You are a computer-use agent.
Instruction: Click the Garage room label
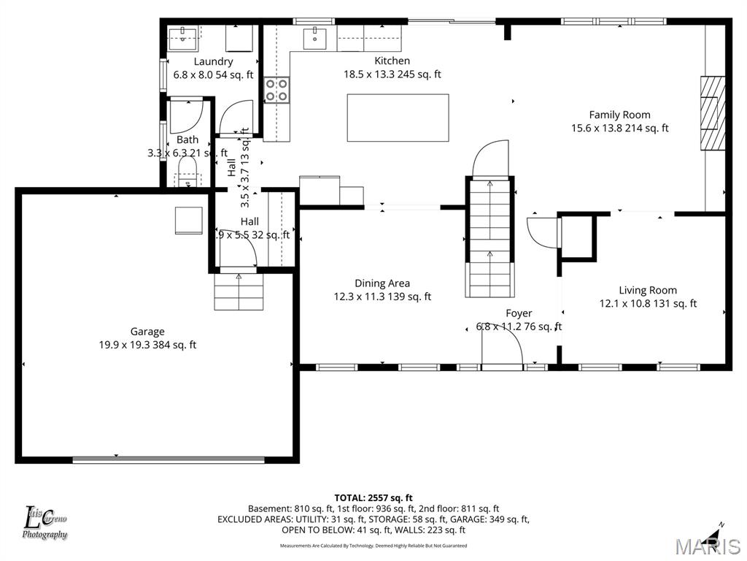point(147,332)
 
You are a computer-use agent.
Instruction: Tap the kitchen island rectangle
point(398,118)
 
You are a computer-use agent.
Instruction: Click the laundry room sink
point(179,37)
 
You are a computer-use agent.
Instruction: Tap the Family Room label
point(619,115)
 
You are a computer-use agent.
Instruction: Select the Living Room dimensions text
point(648,304)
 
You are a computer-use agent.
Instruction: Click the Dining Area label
point(382,283)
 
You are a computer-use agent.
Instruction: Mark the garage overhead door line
point(169,459)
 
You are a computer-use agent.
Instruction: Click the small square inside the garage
point(188,220)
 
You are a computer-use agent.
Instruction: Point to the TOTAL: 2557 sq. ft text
point(373,497)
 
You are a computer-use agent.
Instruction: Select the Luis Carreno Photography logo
point(45,523)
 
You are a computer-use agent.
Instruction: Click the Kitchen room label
point(392,61)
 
